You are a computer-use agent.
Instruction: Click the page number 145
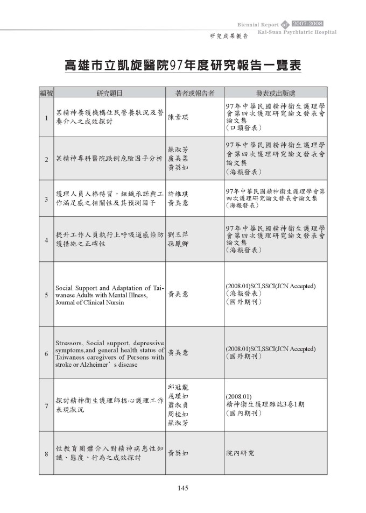pos(182,488)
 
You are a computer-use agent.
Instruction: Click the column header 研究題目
pos(109,93)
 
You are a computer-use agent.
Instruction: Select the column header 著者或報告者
pos(195,93)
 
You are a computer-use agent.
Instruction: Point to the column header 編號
pos(47,93)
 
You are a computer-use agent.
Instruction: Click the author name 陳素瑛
pos(178,117)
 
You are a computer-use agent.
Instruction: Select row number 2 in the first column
pos(47,159)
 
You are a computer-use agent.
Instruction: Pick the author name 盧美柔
pos(178,159)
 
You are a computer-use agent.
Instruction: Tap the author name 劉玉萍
pos(178,235)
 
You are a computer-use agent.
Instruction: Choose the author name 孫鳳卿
pos(178,244)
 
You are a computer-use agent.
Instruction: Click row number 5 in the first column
pos(47,295)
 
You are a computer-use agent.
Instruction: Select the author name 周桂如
pos(178,414)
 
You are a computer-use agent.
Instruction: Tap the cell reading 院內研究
pos(240,453)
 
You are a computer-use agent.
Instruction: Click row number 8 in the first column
pos(47,453)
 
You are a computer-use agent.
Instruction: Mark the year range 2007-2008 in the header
pos(308,24)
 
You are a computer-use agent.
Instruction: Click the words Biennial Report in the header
pos(257,25)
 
